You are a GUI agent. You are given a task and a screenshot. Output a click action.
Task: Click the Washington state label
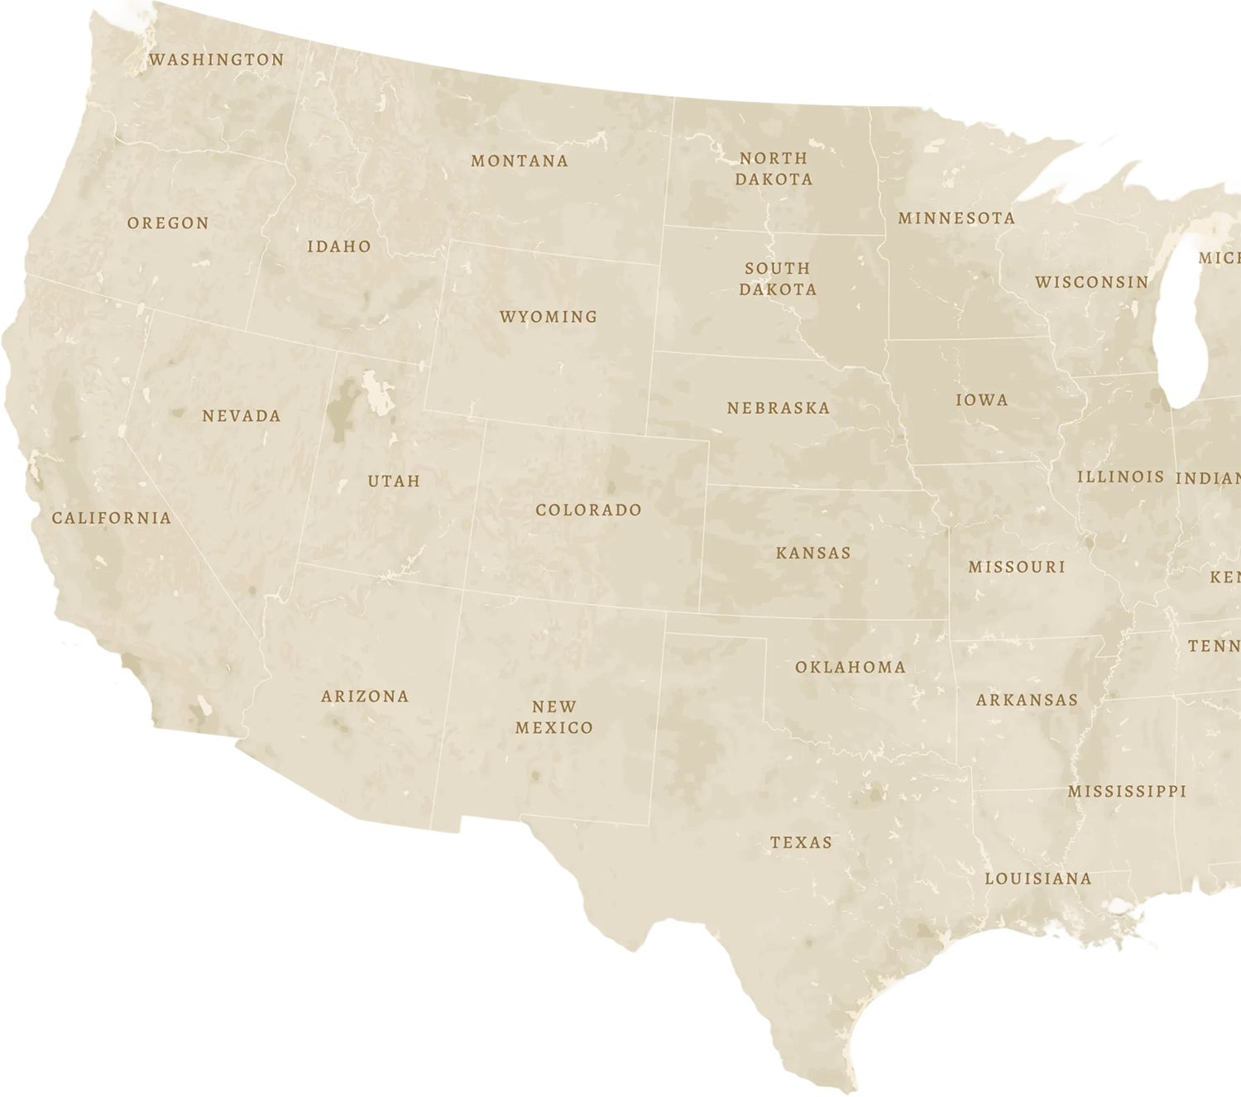217,60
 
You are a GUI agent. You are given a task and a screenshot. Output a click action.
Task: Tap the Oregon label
168,223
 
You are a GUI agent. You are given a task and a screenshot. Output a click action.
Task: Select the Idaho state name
339,247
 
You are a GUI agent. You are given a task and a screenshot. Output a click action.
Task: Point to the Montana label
520,161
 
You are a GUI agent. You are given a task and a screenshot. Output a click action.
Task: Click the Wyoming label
549,317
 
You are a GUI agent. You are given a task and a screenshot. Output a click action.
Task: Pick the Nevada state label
242,416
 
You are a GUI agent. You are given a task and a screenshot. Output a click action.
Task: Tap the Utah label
394,481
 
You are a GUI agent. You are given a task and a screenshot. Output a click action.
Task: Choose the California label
112,519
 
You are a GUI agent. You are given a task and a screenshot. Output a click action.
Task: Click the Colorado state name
589,510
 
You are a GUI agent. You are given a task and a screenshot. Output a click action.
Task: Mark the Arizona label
365,697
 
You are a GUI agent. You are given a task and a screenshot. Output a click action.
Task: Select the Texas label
801,843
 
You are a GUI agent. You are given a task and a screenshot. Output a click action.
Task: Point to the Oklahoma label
850,668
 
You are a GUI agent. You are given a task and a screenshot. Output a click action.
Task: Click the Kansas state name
813,553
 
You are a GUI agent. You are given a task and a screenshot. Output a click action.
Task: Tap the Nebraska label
779,408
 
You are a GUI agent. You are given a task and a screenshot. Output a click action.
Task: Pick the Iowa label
982,400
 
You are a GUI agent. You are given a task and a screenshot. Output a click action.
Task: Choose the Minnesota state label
956,218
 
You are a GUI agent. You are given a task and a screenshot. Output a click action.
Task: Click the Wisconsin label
1092,282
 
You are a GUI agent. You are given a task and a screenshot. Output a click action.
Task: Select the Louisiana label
1038,879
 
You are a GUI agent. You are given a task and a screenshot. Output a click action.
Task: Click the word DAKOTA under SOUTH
778,290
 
